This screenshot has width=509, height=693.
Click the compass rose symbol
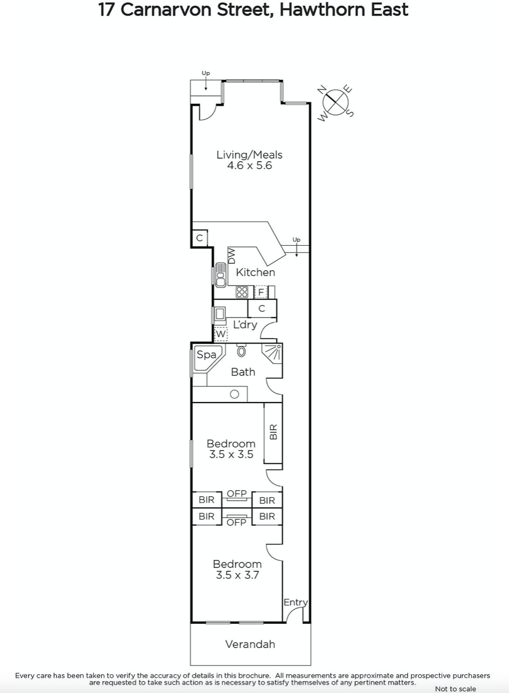[x=335, y=103]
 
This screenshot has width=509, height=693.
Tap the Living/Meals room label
[x=249, y=155]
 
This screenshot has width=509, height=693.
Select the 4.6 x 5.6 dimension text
[x=249, y=165]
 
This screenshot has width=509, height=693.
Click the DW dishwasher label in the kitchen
[x=232, y=256]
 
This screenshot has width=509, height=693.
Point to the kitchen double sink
[x=220, y=275]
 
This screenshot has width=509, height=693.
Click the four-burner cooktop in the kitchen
[x=242, y=292]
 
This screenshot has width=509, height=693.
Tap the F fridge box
[x=261, y=292]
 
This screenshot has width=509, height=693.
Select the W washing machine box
[x=220, y=334]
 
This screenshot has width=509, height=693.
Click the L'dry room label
[x=245, y=324]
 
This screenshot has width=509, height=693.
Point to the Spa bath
[x=208, y=358]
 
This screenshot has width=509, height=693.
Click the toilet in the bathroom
[x=241, y=350]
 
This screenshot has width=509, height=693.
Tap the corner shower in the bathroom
[x=272, y=353]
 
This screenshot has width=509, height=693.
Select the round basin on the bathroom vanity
[x=234, y=394]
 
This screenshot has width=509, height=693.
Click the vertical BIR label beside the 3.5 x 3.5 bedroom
[x=273, y=431]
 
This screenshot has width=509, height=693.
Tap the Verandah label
[x=250, y=644]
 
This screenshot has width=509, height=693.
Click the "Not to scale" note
[x=455, y=688]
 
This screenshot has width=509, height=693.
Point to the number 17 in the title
[x=106, y=10]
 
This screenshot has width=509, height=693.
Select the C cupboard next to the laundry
[x=262, y=308]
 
